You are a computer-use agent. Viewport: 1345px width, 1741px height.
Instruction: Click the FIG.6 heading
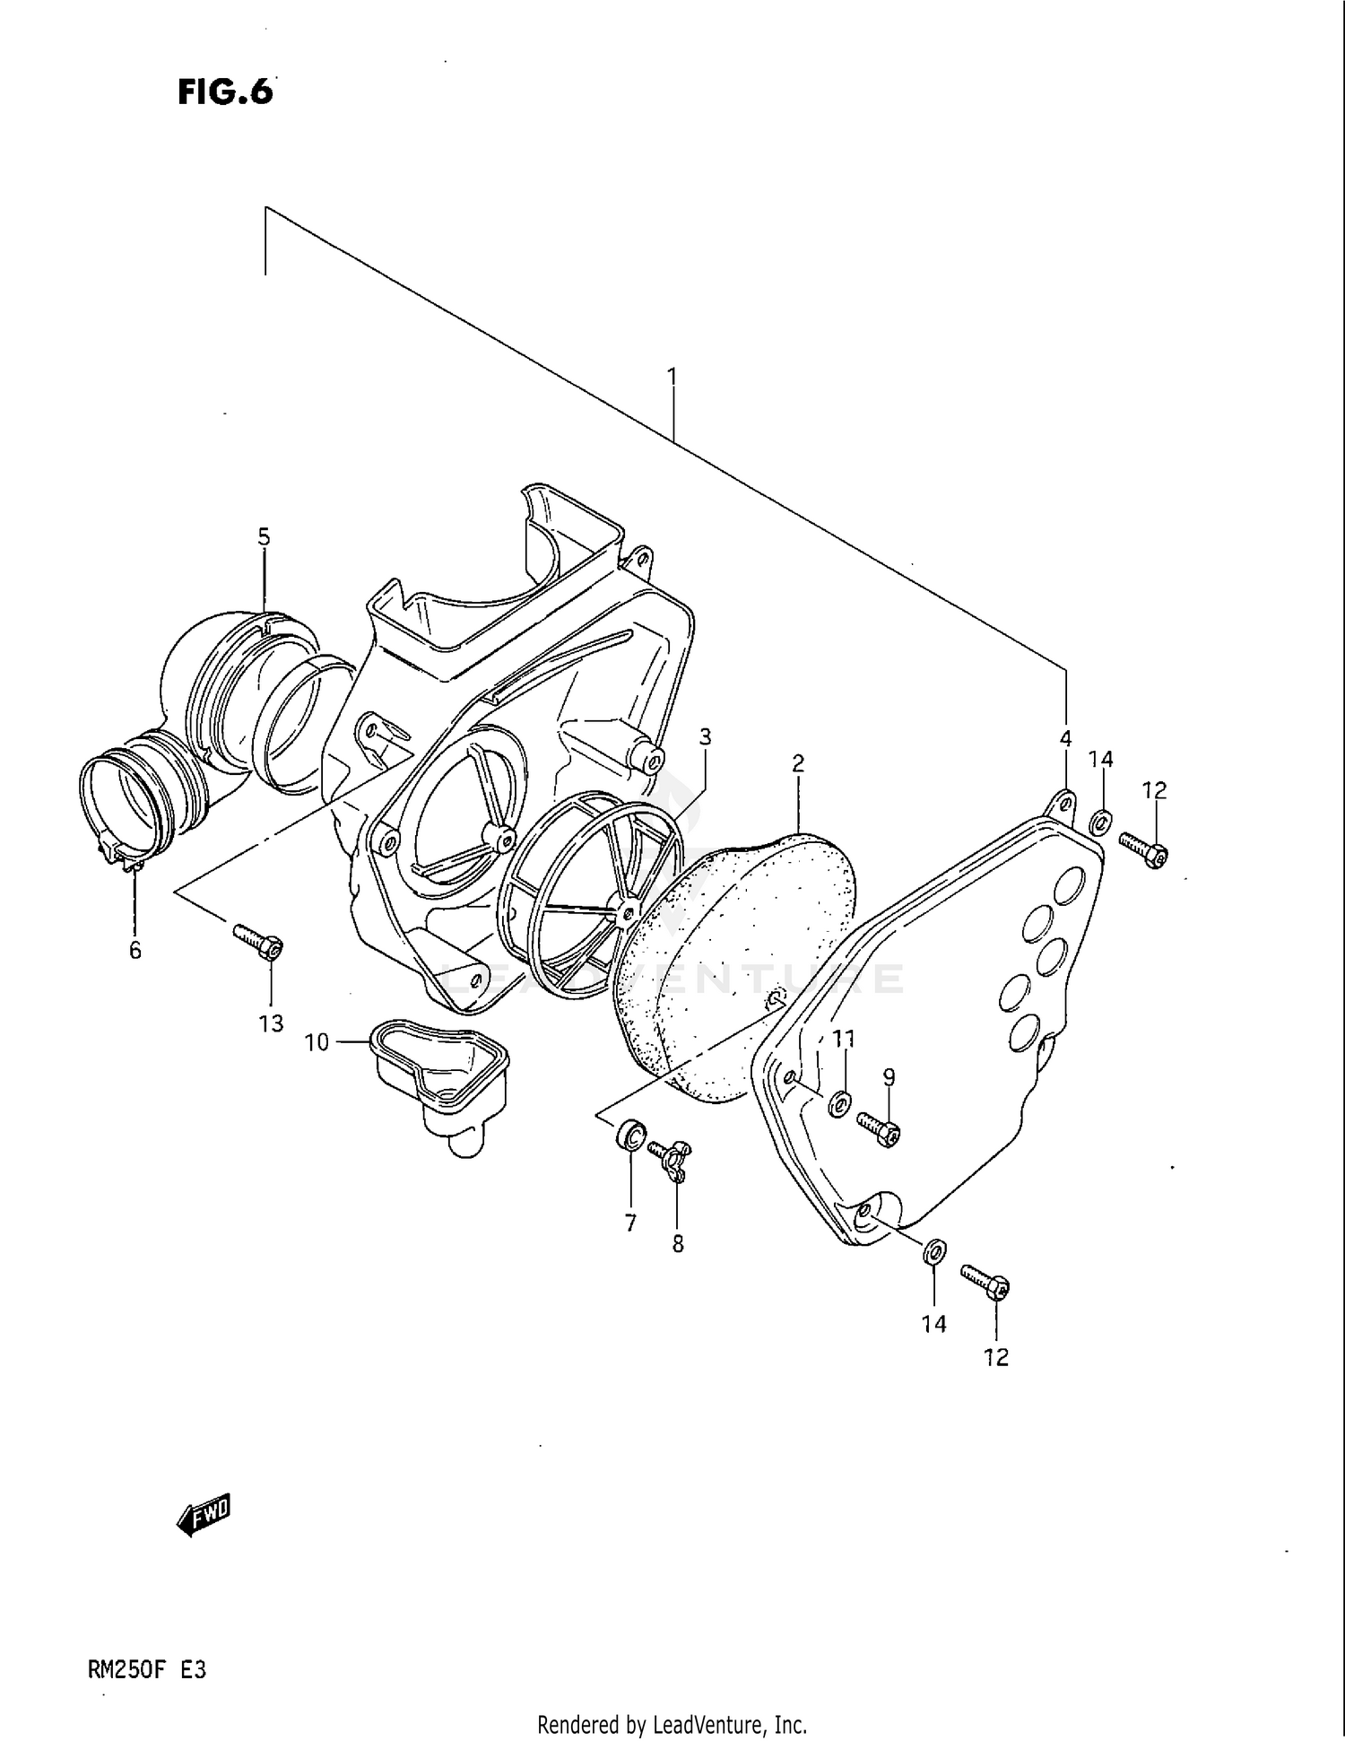click(x=225, y=91)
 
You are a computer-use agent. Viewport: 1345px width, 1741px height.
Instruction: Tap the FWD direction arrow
click(x=204, y=1515)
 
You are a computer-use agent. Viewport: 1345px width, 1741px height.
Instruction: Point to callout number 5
click(x=264, y=537)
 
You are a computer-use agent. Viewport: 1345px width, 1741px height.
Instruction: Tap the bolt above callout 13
click(x=259, y=941)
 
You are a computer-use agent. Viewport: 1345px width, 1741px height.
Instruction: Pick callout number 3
click(x=706, y=737)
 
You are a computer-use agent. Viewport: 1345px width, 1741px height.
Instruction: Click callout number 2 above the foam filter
click(x=797, y=763)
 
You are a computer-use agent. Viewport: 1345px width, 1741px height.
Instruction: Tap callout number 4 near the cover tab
click(x=1066, y=739)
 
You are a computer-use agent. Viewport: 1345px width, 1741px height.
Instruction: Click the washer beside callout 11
click(x=840, y=1105)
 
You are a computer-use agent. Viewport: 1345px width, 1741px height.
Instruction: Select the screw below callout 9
click(x=879, y=1130)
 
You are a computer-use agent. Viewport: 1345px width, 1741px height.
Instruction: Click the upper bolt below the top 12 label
click(x=1144, y=848)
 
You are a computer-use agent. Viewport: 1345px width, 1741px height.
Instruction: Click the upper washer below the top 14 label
click(x=1102, y=820)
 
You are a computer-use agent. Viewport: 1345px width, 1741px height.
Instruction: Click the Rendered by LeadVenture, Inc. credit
click(x=672, y=1724)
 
